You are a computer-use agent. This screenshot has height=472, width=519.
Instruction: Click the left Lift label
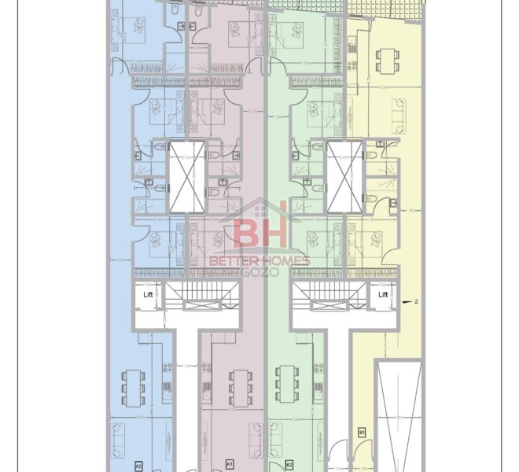147,295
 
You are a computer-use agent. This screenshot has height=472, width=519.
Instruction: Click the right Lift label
383,295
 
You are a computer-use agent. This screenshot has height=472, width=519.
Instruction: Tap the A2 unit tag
138,464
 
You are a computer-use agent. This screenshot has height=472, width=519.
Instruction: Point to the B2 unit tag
289,464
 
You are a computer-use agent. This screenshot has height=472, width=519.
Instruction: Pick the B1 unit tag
363,432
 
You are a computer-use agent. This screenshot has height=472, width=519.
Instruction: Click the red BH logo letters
260,232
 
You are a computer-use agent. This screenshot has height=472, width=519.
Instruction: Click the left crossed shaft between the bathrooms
186,178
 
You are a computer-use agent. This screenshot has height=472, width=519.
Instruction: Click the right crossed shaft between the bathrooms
343,178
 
